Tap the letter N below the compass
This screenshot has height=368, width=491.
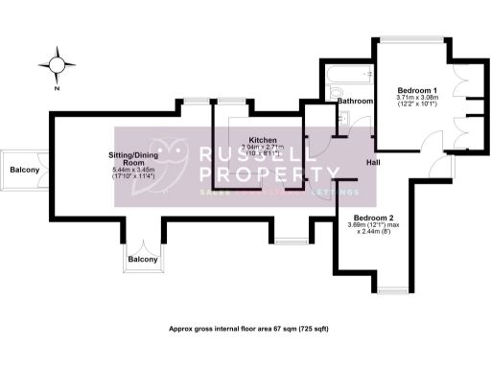tap(57, 87)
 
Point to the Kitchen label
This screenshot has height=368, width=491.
tap(263, 139)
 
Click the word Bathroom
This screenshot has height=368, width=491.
tap(354, 101)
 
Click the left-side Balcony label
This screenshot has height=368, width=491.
tap(25, 170)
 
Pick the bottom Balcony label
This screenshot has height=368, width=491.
tap(143, 260)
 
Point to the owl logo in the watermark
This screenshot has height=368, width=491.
tap(174, 166)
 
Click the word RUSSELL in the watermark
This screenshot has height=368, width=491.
tap(251, 154)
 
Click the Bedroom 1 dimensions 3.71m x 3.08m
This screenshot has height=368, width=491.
tap(416, 97)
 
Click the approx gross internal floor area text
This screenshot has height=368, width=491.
tap(248, 329)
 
